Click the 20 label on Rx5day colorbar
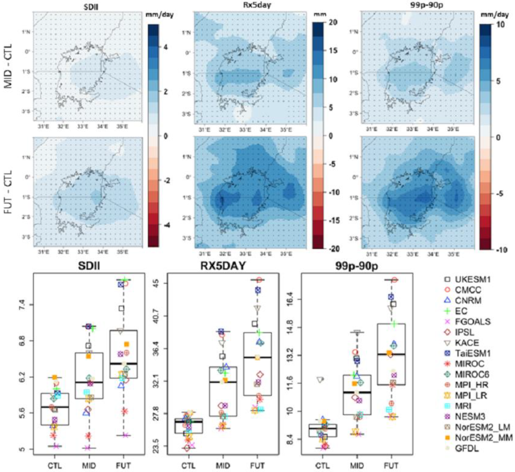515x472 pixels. pos(332,22)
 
